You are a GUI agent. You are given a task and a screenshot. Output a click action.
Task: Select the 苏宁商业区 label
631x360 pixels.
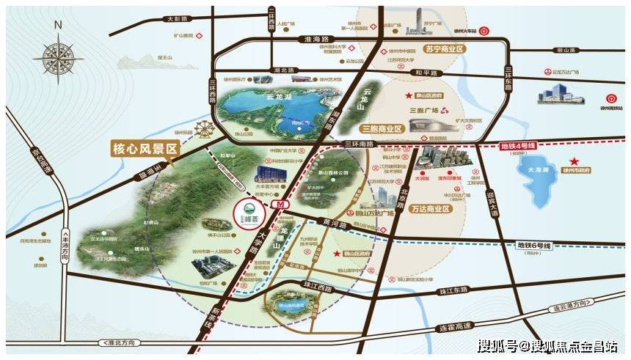(x=446, y=49)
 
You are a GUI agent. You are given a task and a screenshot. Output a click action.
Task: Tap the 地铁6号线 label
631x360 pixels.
(x=534, y=244)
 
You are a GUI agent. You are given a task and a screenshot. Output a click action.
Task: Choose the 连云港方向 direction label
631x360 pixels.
(x=571, y=303)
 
